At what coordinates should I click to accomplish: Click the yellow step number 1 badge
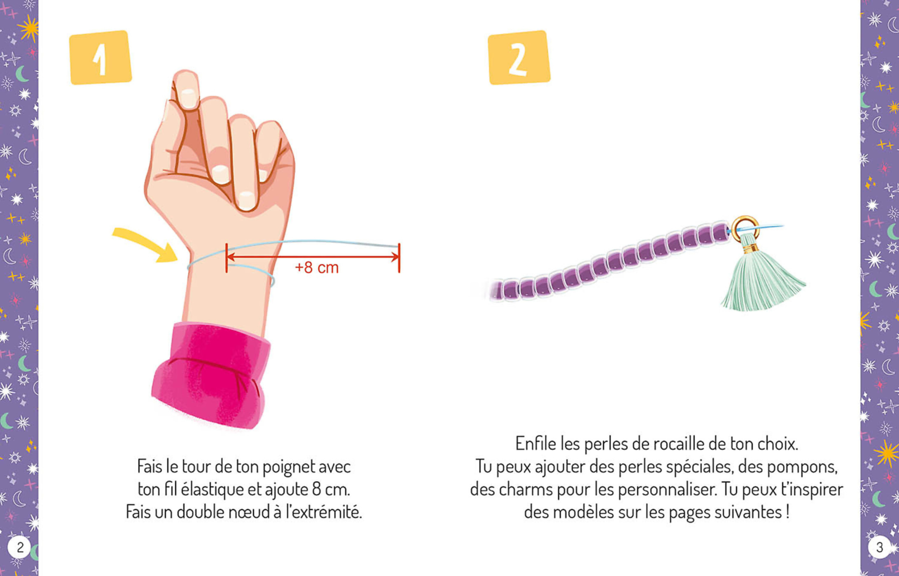click(100, 58)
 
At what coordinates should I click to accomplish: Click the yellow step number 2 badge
click(519, 58)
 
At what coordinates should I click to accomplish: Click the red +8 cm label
click(317, 268)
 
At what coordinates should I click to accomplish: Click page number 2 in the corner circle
click(19, 547)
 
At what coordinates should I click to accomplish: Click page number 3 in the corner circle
click(879, 547)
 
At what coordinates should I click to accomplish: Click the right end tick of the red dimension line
click(399, 258)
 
